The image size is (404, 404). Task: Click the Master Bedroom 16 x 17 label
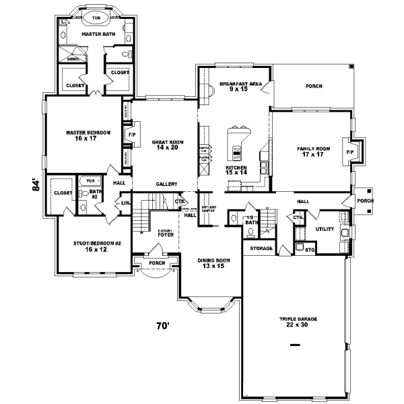[84, 135]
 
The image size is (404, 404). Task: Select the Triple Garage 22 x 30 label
[298, 321]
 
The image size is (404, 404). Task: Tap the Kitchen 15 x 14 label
[236, 170]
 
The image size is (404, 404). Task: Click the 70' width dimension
[162, 326]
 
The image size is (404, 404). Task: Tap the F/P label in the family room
[349, 152]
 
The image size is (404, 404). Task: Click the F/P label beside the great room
[131, 135]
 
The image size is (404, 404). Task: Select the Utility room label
[326, 230]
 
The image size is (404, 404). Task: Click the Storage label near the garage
[261, 248]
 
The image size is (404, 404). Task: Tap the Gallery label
[166, 184]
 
